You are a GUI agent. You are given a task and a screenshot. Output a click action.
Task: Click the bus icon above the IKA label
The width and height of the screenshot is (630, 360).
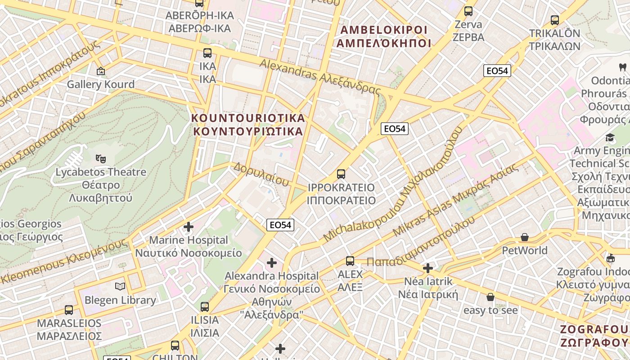pyautogui.click(x=207, y=53)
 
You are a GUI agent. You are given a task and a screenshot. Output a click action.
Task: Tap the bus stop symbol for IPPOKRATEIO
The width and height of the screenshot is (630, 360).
pyautogui.click(x=341, y=174)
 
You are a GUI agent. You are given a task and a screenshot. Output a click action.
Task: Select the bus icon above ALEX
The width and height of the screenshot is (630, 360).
pyautogui.click(x=350, y=261)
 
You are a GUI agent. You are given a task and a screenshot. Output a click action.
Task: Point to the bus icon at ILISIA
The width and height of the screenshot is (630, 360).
pyautogui.click(x=205, y=307)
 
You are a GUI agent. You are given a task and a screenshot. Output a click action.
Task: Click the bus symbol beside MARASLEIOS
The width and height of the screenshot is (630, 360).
pyautogui.click(x=69, y=310)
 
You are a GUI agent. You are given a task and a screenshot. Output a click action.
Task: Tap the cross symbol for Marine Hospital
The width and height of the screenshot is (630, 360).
pyautogui.click(x=189, y=226)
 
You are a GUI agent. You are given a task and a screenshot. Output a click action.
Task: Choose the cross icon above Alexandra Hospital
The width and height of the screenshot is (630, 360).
pyautogui.click(x=272, y=262)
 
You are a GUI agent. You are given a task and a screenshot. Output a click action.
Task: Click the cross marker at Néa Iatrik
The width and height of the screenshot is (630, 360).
pyautogui.click(x=427, y=268)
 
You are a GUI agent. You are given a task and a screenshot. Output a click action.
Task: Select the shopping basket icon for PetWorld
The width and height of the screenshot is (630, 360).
pyautogui.click(x=524, y=237)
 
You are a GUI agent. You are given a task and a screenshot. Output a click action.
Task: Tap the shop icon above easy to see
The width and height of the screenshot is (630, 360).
pyautogui.click(x=490, y=297)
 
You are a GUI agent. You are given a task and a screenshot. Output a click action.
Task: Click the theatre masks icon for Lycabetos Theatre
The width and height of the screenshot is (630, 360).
pyautogui.click(x=101, y=158)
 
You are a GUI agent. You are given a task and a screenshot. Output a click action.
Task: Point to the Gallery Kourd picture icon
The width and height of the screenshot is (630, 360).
pyautogui.click(x=101, y=71)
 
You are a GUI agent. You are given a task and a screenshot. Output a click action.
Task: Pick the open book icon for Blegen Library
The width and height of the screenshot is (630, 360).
pyautogui.click(x=120, y=286)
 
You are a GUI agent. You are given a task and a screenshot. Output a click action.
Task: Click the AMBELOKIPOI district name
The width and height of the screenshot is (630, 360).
pyautogui.click(x=384, y=36)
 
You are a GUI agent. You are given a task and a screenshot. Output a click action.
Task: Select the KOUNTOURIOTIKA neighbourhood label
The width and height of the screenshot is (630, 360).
pyautogui.click(x=248, y=125)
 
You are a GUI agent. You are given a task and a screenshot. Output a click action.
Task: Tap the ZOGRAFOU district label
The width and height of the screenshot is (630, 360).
pyautogui.click(x=594, y=336)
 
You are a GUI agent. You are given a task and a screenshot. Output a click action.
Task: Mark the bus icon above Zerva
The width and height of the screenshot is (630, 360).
pyautogui.click(x=468, y=11)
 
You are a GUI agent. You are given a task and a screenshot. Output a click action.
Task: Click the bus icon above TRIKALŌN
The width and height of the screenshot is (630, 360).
pyautogui.click(x=555, y=20)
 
